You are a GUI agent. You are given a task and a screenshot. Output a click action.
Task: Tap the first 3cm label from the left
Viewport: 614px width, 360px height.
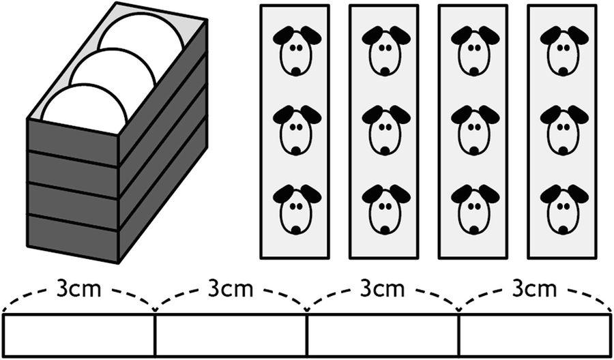[x=81, y=288]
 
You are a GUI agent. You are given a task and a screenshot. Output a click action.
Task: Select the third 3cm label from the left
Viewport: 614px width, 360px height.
[x=383, y=288]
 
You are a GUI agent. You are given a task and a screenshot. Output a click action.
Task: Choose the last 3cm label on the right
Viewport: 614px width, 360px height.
[x=535, y=288]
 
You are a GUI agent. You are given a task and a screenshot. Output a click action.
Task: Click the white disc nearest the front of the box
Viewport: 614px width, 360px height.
[x=82, y=109]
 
